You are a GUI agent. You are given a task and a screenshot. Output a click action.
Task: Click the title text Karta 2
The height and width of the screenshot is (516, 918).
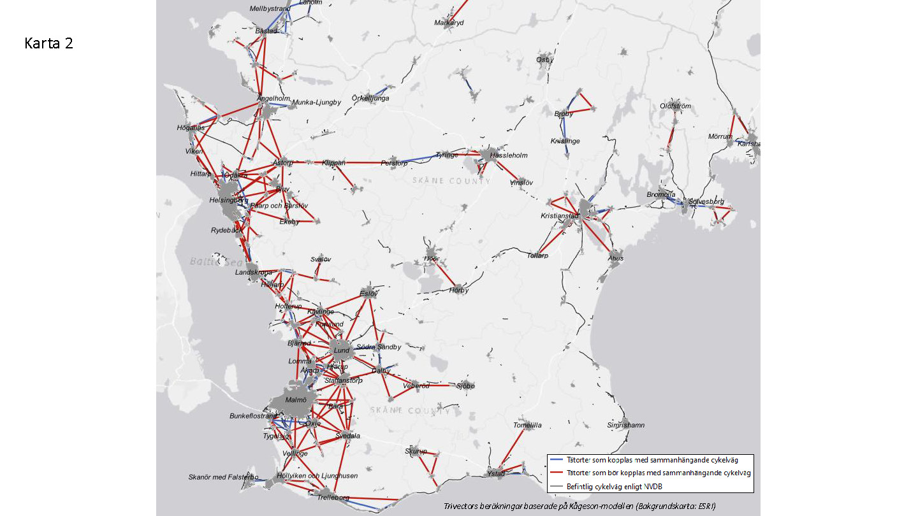pos(49,43)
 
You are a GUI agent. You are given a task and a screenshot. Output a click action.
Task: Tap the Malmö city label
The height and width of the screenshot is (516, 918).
pos(296,400)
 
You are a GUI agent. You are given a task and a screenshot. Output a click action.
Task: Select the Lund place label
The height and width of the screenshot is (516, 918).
pos(342,350)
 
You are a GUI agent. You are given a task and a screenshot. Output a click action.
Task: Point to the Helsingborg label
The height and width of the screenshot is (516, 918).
pos(228,200)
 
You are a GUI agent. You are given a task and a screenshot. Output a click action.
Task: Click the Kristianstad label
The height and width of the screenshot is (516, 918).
pos(559,216)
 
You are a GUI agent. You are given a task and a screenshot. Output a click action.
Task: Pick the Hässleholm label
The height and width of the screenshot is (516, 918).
pos(509,155)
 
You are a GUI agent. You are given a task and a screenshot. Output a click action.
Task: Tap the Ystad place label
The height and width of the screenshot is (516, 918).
pos(496,474)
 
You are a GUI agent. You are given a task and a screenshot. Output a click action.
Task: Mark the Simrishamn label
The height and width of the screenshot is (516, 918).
pos(625,425)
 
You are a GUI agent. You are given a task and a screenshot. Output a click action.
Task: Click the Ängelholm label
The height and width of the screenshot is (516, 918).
pos(273,99)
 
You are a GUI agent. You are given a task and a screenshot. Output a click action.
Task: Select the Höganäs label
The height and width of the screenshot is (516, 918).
pos(191,128)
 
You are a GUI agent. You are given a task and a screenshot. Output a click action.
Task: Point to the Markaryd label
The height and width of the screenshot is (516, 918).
pos(449,22)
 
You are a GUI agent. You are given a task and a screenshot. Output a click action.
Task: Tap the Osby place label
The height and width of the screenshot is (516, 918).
pos(544,59)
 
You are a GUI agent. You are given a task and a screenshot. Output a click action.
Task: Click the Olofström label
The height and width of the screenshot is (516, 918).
pos(675,106)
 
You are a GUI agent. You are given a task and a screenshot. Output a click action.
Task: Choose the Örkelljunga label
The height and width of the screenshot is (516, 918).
pos(370,99)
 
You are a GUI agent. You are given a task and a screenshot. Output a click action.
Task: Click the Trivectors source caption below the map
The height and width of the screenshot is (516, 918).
pos(579,506)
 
